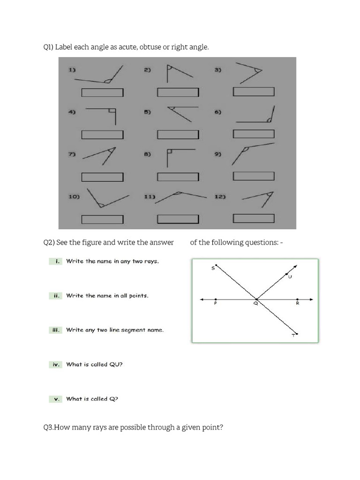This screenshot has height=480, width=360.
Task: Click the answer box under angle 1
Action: point(103,93)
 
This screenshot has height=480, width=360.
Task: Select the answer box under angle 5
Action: point(178,135)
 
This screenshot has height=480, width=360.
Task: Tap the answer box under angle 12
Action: point(254,218)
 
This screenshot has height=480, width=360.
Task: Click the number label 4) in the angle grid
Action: point(73,112)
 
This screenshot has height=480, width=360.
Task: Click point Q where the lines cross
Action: point(256,299)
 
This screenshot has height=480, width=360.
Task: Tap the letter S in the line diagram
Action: point(212,268)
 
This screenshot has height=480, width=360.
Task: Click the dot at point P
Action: point(215,299)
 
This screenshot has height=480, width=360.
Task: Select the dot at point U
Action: point(286,274)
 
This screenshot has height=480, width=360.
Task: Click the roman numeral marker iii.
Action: point(55,330)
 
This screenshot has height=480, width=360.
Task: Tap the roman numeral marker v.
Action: point(56,399)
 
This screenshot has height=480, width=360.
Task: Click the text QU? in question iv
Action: point(116,364)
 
